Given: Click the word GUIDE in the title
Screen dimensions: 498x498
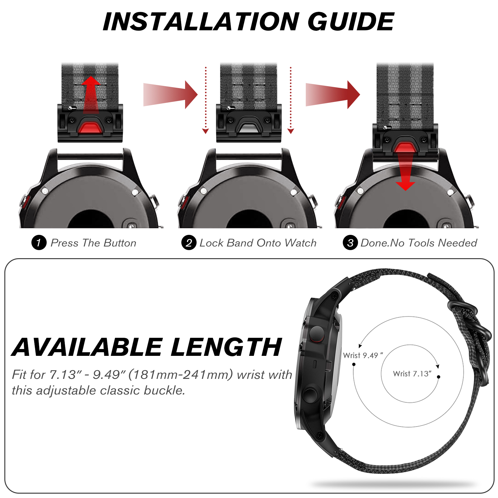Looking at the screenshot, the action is click(x=351, y=21).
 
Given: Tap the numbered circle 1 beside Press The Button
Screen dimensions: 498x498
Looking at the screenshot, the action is click(x=39, y=243).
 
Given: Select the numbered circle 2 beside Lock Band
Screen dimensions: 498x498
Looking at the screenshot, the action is click(x=189, y=243).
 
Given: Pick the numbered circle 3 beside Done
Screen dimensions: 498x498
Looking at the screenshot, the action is click(x=350, y=243).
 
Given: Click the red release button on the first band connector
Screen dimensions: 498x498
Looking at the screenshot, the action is click(x=91, y=128).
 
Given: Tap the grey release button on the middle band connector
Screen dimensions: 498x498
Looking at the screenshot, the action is click(x=249, y=128).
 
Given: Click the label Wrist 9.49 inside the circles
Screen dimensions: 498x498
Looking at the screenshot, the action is click(x=363, y=355).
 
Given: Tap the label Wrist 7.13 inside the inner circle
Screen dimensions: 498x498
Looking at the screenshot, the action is click(x=412, y=374).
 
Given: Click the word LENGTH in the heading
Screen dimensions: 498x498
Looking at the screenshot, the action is click(x=226, y=347).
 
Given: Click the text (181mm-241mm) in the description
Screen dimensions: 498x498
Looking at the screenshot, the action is click(x=180, y=375).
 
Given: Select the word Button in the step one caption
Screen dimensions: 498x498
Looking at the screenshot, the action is click(x=120, y=243).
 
